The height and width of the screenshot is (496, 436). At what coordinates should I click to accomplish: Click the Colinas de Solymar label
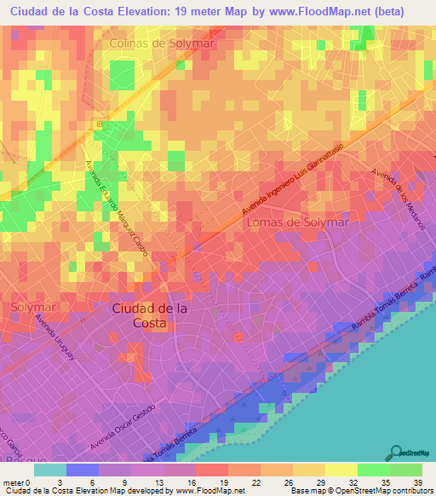click(161, 43)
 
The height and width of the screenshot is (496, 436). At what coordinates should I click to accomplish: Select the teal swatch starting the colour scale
click(50, 470)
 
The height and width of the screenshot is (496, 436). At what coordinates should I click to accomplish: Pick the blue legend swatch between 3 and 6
click(83, 470)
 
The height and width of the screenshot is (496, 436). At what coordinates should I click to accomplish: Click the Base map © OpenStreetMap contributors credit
click(361, 491)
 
